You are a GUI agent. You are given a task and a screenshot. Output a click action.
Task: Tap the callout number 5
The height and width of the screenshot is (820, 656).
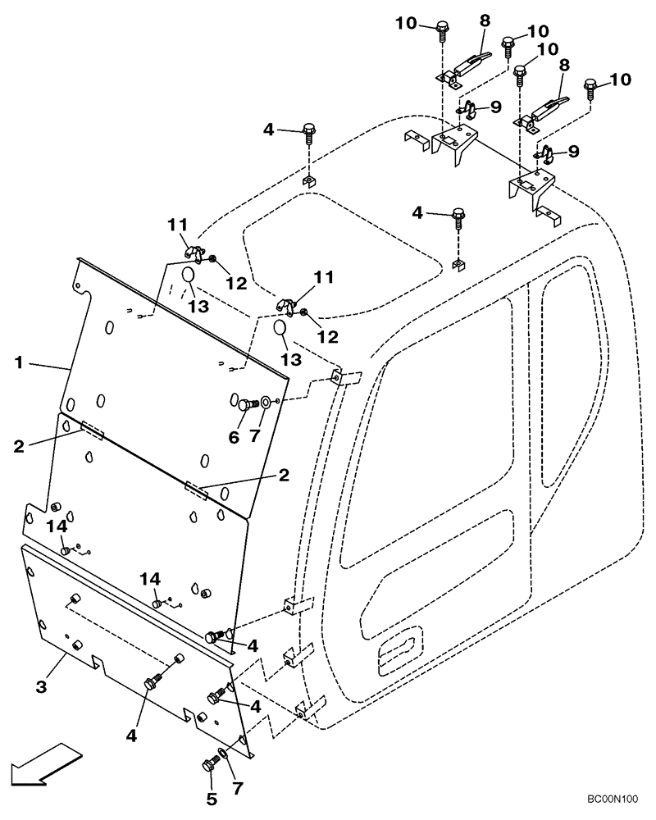click(x=211, y=798)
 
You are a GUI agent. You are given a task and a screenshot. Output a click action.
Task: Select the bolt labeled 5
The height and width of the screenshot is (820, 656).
click(x=208, y=767)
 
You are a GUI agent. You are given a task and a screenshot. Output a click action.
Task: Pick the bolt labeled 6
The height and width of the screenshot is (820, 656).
click(x=244, y=403)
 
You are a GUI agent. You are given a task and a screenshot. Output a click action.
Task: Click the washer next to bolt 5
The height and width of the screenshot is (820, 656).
click(x=225, y=754)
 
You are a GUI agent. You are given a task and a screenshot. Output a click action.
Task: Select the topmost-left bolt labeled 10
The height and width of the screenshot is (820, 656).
click(x=442, y=30)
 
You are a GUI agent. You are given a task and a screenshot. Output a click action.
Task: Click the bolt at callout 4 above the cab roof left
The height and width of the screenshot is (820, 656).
click(x=308, y=130)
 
